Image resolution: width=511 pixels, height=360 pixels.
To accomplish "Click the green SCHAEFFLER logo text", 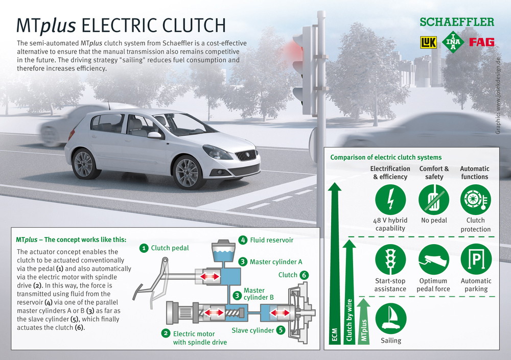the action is coord(457,22).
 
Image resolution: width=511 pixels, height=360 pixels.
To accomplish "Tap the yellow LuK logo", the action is coord(428,42).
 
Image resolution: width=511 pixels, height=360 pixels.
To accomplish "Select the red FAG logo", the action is coord(482,42).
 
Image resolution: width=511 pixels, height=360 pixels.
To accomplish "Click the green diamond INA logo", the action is coord(453,42).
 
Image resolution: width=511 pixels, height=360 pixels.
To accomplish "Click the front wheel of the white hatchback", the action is coord(187,173).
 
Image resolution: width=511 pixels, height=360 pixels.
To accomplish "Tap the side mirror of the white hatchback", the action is coord(154,135).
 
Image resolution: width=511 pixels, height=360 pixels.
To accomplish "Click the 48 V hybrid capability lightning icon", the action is coord(390,199).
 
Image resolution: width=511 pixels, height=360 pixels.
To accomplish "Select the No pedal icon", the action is coord(434,199).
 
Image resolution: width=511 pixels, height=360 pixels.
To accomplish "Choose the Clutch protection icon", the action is coord(476,199).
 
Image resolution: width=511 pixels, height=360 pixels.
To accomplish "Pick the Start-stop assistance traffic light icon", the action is coord(390,259).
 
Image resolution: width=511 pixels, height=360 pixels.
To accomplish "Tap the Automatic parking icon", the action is coord(476,259).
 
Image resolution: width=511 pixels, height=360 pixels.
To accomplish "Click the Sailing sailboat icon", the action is coord(391,319).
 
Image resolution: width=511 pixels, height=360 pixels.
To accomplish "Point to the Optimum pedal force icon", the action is coord(434,259).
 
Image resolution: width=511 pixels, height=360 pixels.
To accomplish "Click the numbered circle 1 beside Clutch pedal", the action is coord(144,248).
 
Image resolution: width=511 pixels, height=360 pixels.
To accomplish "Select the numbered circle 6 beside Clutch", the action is coord(304,275).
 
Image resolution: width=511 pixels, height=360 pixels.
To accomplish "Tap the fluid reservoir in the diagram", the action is coord(223,250).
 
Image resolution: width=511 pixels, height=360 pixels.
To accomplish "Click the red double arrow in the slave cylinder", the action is coord(280,313).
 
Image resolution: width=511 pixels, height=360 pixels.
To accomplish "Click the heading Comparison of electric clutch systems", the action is coord(386,157).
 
